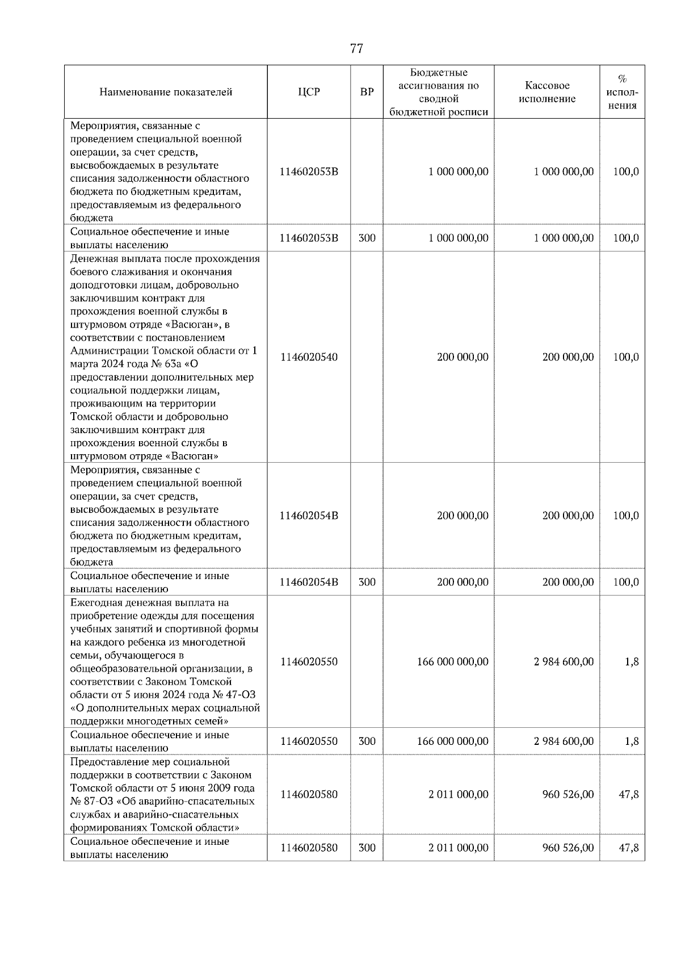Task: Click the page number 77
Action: (356, 49)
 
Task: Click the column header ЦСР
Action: (309, 92)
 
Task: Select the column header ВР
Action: (367, 92)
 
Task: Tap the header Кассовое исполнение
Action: (547, 92)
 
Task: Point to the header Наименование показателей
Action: (166, 92)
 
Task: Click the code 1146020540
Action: (309, 357)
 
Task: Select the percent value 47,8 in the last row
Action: (628, 848)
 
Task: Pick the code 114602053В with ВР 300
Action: (309, 238)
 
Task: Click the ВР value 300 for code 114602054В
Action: (367, 582)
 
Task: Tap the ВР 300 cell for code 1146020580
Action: (367, 848)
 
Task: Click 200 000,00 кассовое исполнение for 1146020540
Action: (568, 357)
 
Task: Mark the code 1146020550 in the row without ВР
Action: (309, 661)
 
